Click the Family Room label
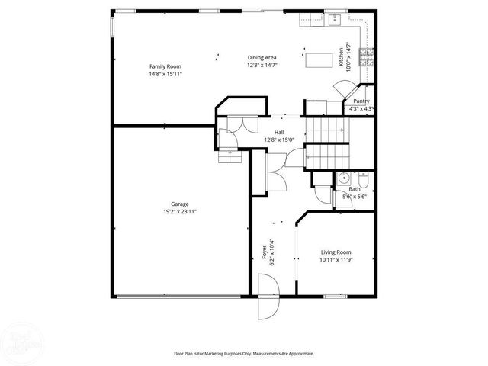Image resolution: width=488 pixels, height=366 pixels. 165,67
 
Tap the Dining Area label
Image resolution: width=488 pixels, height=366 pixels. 261,57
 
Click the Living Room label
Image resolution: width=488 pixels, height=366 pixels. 335,252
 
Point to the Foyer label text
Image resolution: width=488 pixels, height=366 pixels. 265,251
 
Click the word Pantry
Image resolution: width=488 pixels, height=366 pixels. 361,101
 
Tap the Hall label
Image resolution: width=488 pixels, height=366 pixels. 269,132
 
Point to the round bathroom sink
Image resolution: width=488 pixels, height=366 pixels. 343,180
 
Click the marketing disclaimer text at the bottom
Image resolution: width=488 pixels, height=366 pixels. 244,353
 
